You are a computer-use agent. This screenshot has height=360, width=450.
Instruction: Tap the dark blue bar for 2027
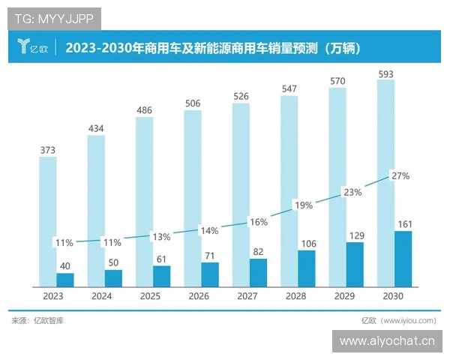click(x=258, y=273)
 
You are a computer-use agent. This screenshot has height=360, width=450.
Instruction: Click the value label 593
click(x=385, y=73)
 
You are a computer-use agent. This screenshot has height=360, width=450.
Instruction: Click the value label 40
click(x=65, y=265)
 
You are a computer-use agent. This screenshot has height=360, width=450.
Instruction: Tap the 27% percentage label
click(x=400, y=176)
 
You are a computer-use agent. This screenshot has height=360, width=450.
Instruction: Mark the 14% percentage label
click(x=208, y=231)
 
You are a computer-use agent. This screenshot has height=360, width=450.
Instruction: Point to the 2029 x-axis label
click(x=346, y=296)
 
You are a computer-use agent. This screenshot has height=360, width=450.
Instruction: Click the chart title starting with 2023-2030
click(x=214, y=49)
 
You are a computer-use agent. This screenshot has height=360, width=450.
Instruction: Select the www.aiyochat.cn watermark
click(x=386, y=341)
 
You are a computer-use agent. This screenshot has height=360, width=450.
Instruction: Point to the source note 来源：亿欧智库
click(x=37, y=321)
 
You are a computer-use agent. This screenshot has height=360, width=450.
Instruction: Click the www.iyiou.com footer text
click(x=398, y=321)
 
